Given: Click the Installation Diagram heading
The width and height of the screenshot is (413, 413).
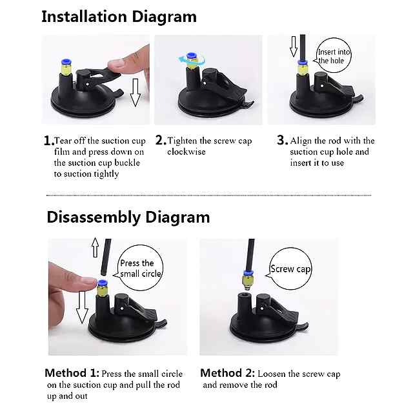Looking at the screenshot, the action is pyautogui.click(x=119, y=17).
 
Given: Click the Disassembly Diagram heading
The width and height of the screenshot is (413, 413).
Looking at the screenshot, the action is pyautogui.click(x=128, y=218).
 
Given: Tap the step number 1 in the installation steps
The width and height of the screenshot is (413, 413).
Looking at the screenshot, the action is pyautogui.click(x=49, y=141).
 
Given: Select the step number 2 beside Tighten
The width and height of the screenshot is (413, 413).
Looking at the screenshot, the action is pyautogui.click(x=161, y=141).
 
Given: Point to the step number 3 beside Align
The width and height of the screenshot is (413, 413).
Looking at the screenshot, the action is pyautogui.click(x=283, y=141).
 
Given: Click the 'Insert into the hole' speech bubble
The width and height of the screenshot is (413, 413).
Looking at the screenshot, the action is pyautogui.click(x=333, y=56).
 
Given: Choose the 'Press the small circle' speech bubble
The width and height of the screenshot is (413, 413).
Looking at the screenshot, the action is pyautogui.click(x=139, y=268).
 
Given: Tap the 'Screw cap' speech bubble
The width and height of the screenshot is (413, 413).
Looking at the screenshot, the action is pyautogui.click(x=289, y=268).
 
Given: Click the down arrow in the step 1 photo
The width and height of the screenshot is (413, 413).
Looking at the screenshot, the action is pyautogui.click(x=136, y=92).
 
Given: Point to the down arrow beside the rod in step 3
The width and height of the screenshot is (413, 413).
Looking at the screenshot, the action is pyautogui.click(x=294, y=46).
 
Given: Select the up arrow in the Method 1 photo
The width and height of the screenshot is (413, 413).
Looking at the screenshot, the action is pyautogui.click(x=95, y=247).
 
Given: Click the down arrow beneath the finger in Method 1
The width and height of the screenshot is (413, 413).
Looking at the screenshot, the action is pyautogui.click(x=82, y=307).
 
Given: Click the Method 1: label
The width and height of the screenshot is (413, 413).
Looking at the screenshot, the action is pyautogui.click(x=72, y=373).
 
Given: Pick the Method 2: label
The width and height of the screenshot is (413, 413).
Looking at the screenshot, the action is pyautogui.click(x=228, y=373).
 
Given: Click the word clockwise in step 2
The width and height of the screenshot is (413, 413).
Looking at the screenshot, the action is pyautogui.click(x=186, y=152).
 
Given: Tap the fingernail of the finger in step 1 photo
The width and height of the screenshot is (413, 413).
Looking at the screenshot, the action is pyautogui.click(x=116, y=63).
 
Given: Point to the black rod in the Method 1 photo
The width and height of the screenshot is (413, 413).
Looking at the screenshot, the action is pyautogui.click(x=106, y=257).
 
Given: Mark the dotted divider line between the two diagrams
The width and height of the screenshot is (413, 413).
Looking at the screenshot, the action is pyautogui.click(x=209, y=196).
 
